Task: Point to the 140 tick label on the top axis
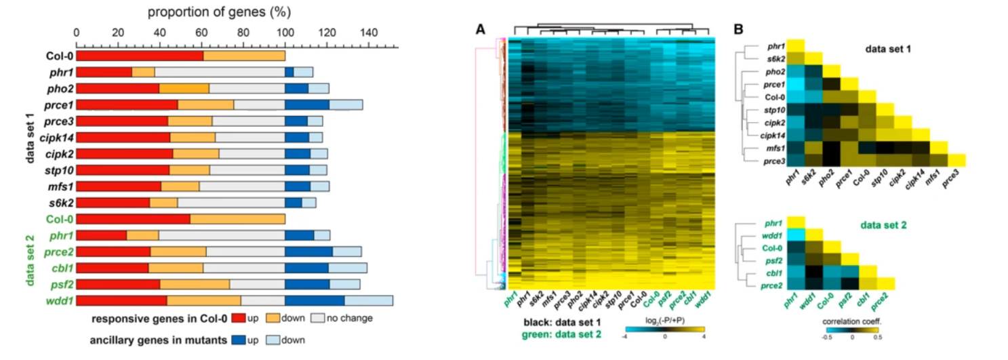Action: [369, 31]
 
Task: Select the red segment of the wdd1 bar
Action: [121, 300]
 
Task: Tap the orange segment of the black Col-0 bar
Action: [244, 56]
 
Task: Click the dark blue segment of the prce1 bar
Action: [307, 104]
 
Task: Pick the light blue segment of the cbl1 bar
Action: [348, 268]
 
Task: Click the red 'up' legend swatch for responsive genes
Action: [237, 318]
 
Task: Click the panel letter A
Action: [481, 29]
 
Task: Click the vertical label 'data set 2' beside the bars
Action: [30, 258]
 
